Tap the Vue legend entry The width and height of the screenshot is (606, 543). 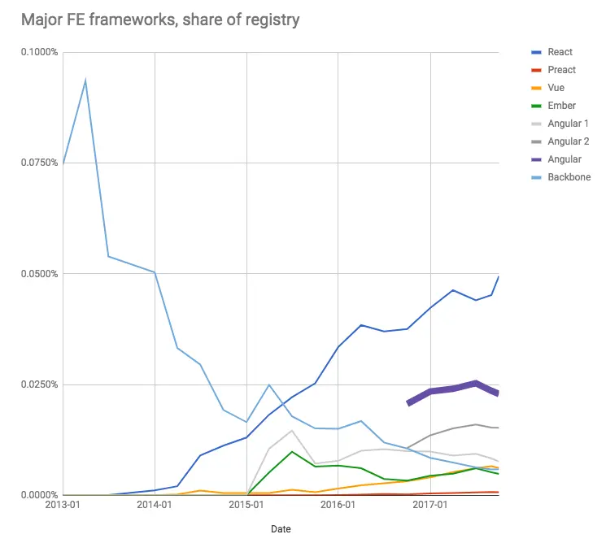point(556,88)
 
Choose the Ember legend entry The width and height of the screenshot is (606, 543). point(561,106)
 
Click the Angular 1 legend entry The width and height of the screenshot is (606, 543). point(568,124)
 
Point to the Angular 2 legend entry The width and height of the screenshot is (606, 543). point(568,141)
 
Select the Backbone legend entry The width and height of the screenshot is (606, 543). point(569,177)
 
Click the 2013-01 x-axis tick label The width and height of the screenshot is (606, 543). point(63,506)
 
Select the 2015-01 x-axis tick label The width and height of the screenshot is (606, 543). point(246,506)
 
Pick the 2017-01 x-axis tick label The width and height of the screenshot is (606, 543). point(430,506)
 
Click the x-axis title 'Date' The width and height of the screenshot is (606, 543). point(281,529)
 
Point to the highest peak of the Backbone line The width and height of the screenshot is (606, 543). point(85,80)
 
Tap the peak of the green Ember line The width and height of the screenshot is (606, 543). point(292,451)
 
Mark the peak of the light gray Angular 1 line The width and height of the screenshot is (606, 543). point(292,430)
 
